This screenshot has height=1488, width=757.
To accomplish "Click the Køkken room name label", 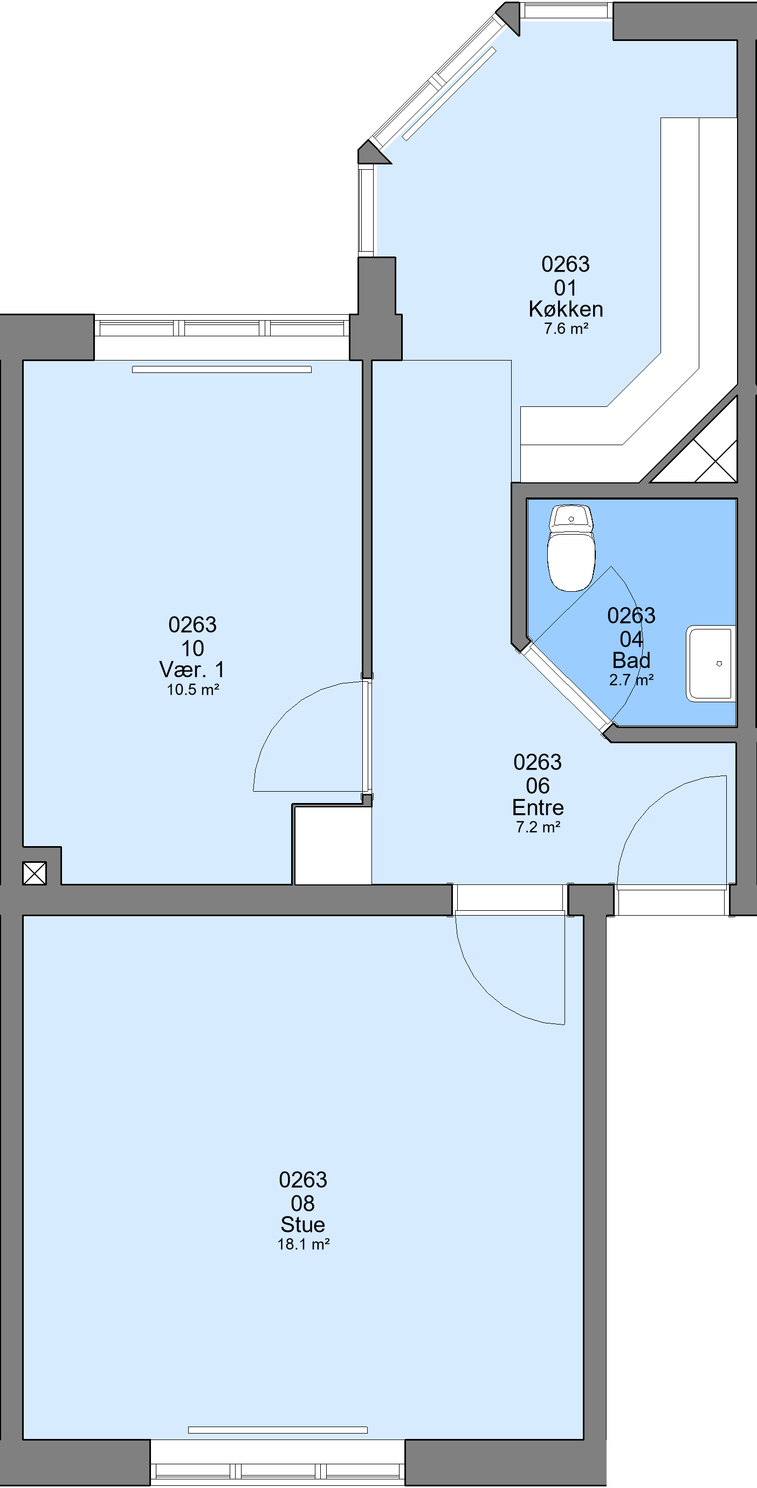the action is pyautogui.click(x=566, y=309).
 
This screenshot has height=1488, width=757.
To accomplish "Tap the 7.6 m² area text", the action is pyautogui.click(x=566, y=329).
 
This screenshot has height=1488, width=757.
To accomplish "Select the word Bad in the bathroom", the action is pyautogui.click(x=631, y=660).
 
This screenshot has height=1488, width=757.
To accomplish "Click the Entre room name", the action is pyautogui.click(x=538, y=807).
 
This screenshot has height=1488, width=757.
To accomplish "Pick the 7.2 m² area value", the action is pyautogui.click(x=538, y=827).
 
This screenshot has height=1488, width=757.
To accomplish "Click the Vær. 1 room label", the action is pyautogui.click(x=192, y=670).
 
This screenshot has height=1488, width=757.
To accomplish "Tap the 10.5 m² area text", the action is pyautogui.click(x=192, y=690).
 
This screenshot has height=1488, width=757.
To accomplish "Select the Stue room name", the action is pyautogui.click(x=303, y=1224).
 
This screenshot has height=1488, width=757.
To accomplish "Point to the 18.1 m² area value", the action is pyautogui.click(x=304, y=1244).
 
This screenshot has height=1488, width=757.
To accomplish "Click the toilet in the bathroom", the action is pyautogui.click(x=571, y=548).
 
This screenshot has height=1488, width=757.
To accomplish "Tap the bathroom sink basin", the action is pyautogui.click(x=711, y=664).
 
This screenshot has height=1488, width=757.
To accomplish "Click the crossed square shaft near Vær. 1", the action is pyautogui.click(x=34, y=873).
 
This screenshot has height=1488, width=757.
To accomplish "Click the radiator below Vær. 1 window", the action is pyautogui.click(x=222, y=370).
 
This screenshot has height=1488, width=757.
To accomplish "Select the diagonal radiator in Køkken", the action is pyautogui.click(x=449, y=94).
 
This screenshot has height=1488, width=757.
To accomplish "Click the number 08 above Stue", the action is pyautogui.click(x=303, y=1203).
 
